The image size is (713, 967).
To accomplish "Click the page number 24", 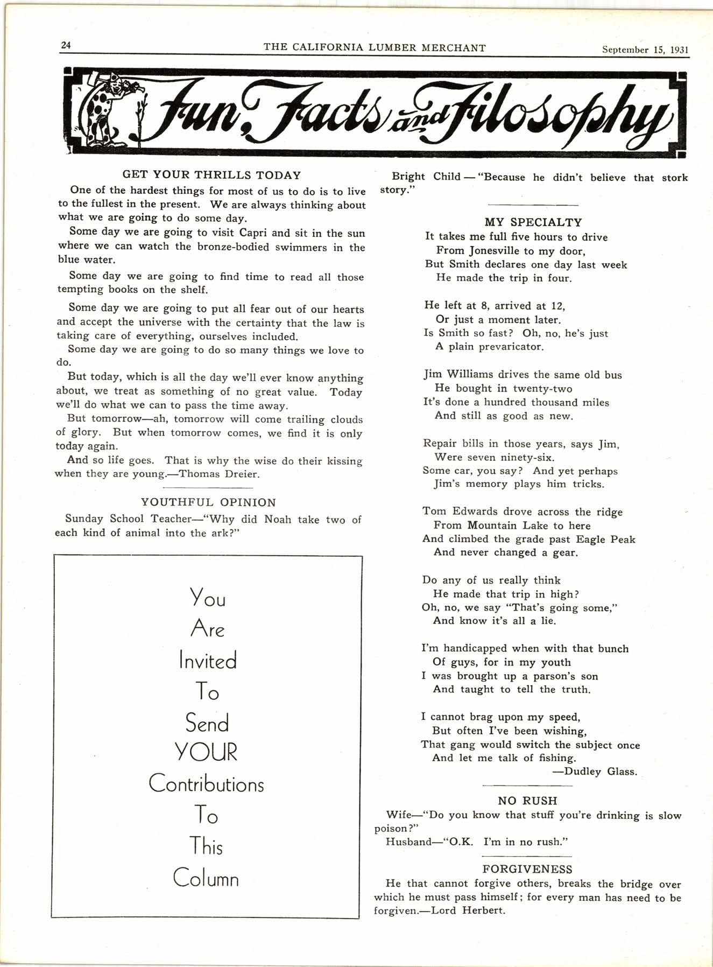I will pos(66,45).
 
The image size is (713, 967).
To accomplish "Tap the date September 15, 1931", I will pos(645,50).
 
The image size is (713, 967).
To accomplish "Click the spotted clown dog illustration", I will pos(108,111).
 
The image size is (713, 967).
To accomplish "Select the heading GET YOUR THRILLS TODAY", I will pos(211,175).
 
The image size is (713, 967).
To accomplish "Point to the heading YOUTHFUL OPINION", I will pos(208,502).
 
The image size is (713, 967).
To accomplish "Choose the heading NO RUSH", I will pos(527,801).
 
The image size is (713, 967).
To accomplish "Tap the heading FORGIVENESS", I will pos(527,869).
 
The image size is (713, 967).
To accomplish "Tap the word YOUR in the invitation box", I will pos(207,752).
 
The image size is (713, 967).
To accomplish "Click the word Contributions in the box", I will pos(207,784).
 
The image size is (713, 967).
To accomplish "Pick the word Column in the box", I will pos(206,878).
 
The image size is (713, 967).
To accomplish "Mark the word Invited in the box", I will pos(208,661).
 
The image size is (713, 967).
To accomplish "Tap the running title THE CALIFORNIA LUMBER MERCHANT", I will pos(375,47).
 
